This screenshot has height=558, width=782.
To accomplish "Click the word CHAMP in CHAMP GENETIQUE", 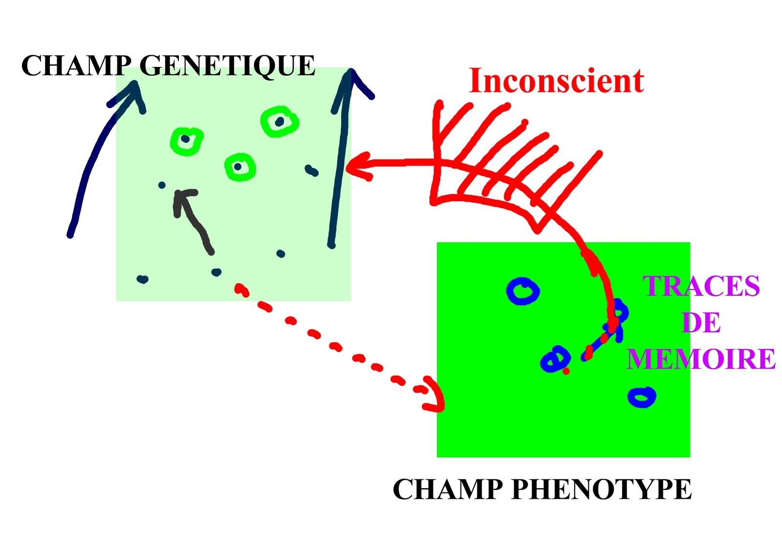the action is click(76, 66).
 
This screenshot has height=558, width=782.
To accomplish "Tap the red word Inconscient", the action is click(557, 81).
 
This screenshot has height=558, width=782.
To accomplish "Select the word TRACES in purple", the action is click(701, 286).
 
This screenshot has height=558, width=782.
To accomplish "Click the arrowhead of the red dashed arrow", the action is click(434, 395).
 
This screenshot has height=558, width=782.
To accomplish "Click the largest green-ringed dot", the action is click(280, 121).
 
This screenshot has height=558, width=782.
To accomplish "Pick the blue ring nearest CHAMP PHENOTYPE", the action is click(642, 397).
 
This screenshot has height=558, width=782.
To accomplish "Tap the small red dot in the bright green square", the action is click(566, 371).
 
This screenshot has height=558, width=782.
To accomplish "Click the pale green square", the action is click(233, 184).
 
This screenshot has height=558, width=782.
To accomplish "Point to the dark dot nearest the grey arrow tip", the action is click(162, 185).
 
